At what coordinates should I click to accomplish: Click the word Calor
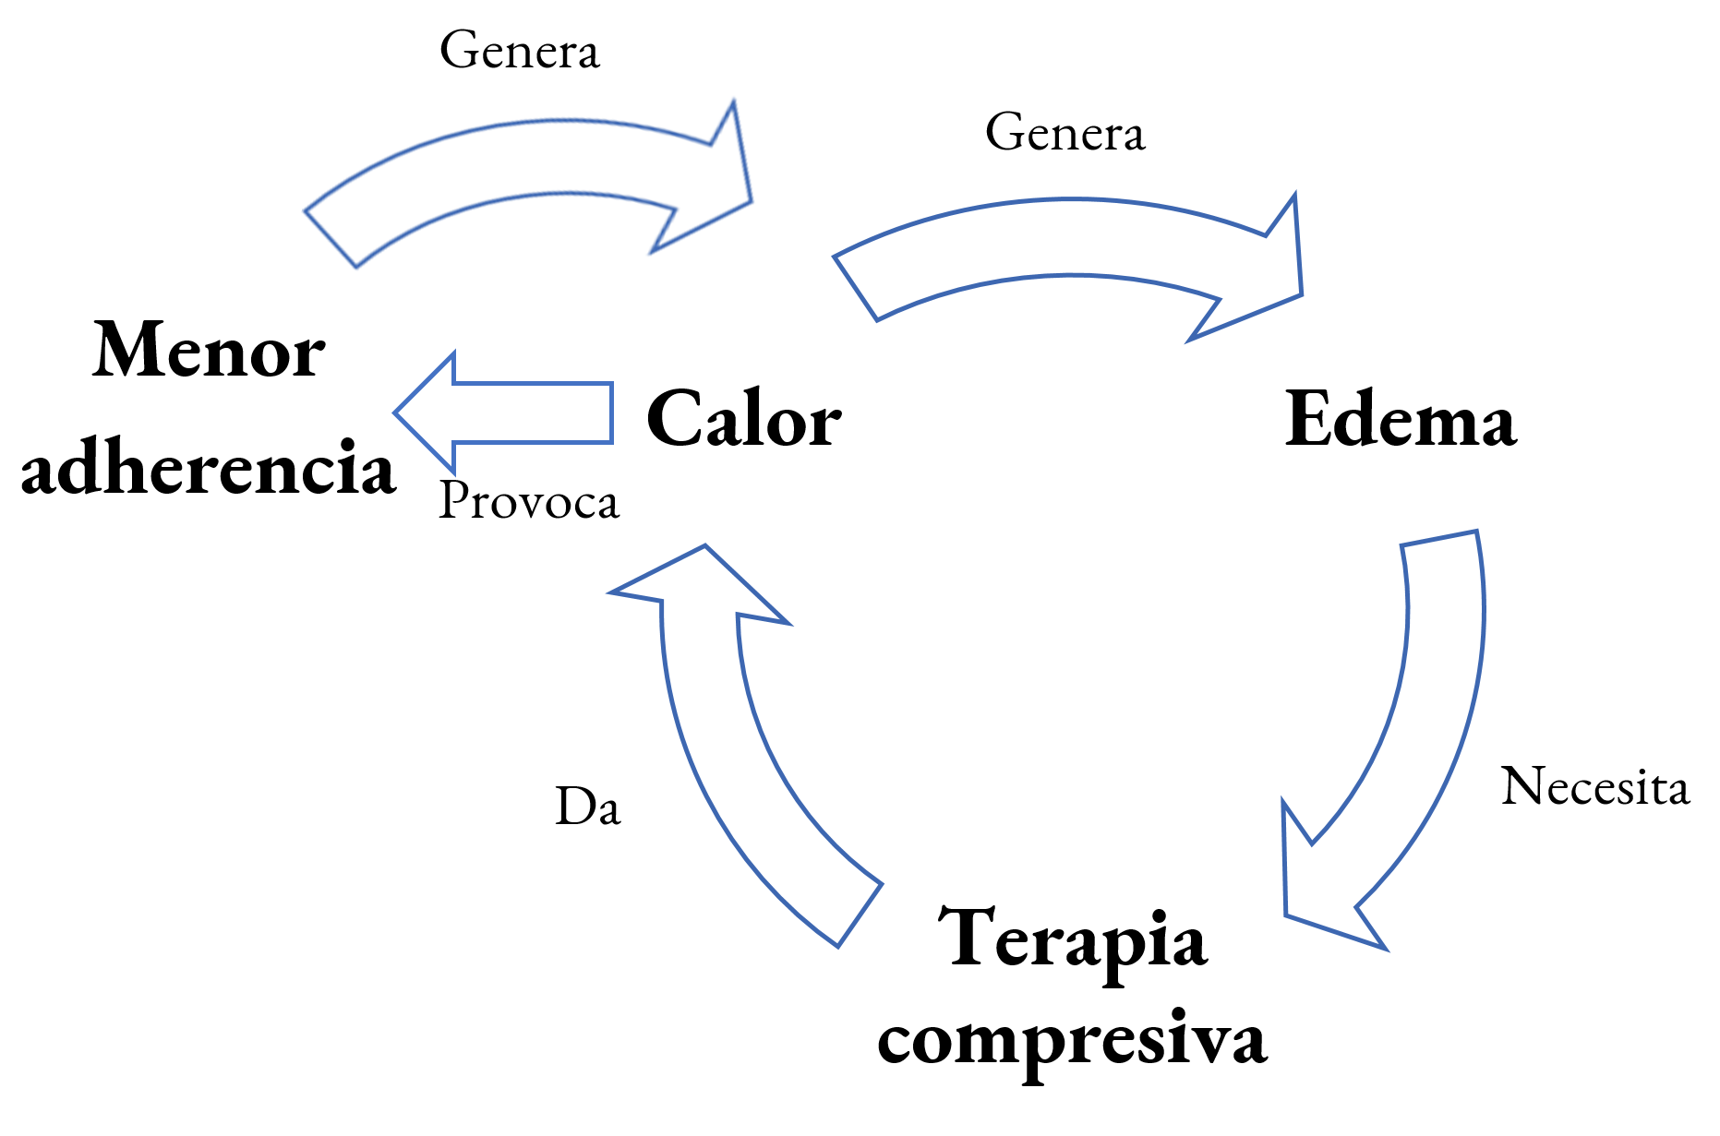tap(743, 419)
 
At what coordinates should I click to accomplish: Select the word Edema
tap(1400, 419)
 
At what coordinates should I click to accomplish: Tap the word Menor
tap(209, 351)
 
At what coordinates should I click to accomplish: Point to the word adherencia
tap(209, 467)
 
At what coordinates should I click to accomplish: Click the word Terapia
tap(1072, 939)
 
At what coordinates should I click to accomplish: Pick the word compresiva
tap(1072, 1038)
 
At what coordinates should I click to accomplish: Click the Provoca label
tap(528, 501)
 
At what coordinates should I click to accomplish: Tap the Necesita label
tap(1594, 787)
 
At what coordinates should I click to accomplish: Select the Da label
tap(588, 807)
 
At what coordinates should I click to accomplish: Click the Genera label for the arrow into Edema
tap(1064, 133)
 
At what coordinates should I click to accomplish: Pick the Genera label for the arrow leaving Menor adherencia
tap(519, 51)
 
